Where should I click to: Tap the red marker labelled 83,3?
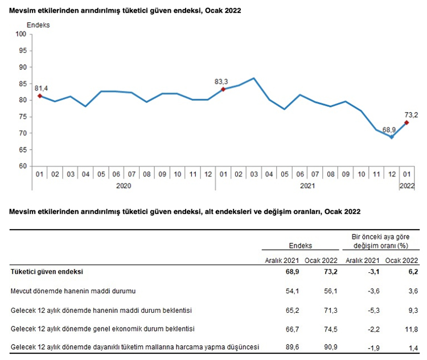coord(223,89)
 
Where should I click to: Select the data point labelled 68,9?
coord(391,137)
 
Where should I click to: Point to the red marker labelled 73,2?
coord(407,122)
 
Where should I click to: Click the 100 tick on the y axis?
coord(22,34)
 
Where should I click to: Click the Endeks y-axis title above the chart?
coord(39,25)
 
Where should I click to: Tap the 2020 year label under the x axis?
coord(124,185)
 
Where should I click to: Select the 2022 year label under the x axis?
coord(407,185)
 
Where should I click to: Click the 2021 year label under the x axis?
coord(307,185)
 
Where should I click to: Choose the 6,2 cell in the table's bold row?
coord(412,272)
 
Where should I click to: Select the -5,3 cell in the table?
coord(371,309)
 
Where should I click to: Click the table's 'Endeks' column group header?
coord(301,246)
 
